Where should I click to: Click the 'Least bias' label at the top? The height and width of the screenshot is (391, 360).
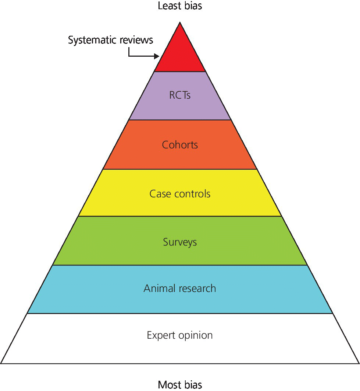tap(180, 6)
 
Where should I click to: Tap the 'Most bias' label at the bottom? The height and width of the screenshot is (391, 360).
tap(180, 385)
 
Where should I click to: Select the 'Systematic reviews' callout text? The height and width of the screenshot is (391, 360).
tap(110, 40)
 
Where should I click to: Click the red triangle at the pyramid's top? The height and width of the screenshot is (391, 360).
tap(180, 53)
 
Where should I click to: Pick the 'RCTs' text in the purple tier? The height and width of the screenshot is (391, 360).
tap(180, 95)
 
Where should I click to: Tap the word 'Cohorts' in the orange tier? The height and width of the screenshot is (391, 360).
tap(180, 145)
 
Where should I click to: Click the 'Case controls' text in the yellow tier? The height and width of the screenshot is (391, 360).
tap(180, 194)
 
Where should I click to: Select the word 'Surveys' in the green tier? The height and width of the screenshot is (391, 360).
tap(180, 242)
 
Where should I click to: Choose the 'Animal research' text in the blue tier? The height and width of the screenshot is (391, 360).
tap(180, 288)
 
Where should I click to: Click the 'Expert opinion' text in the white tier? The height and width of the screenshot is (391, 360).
tap(180, 335)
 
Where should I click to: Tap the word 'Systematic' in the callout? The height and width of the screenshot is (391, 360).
tap(92, 40)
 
